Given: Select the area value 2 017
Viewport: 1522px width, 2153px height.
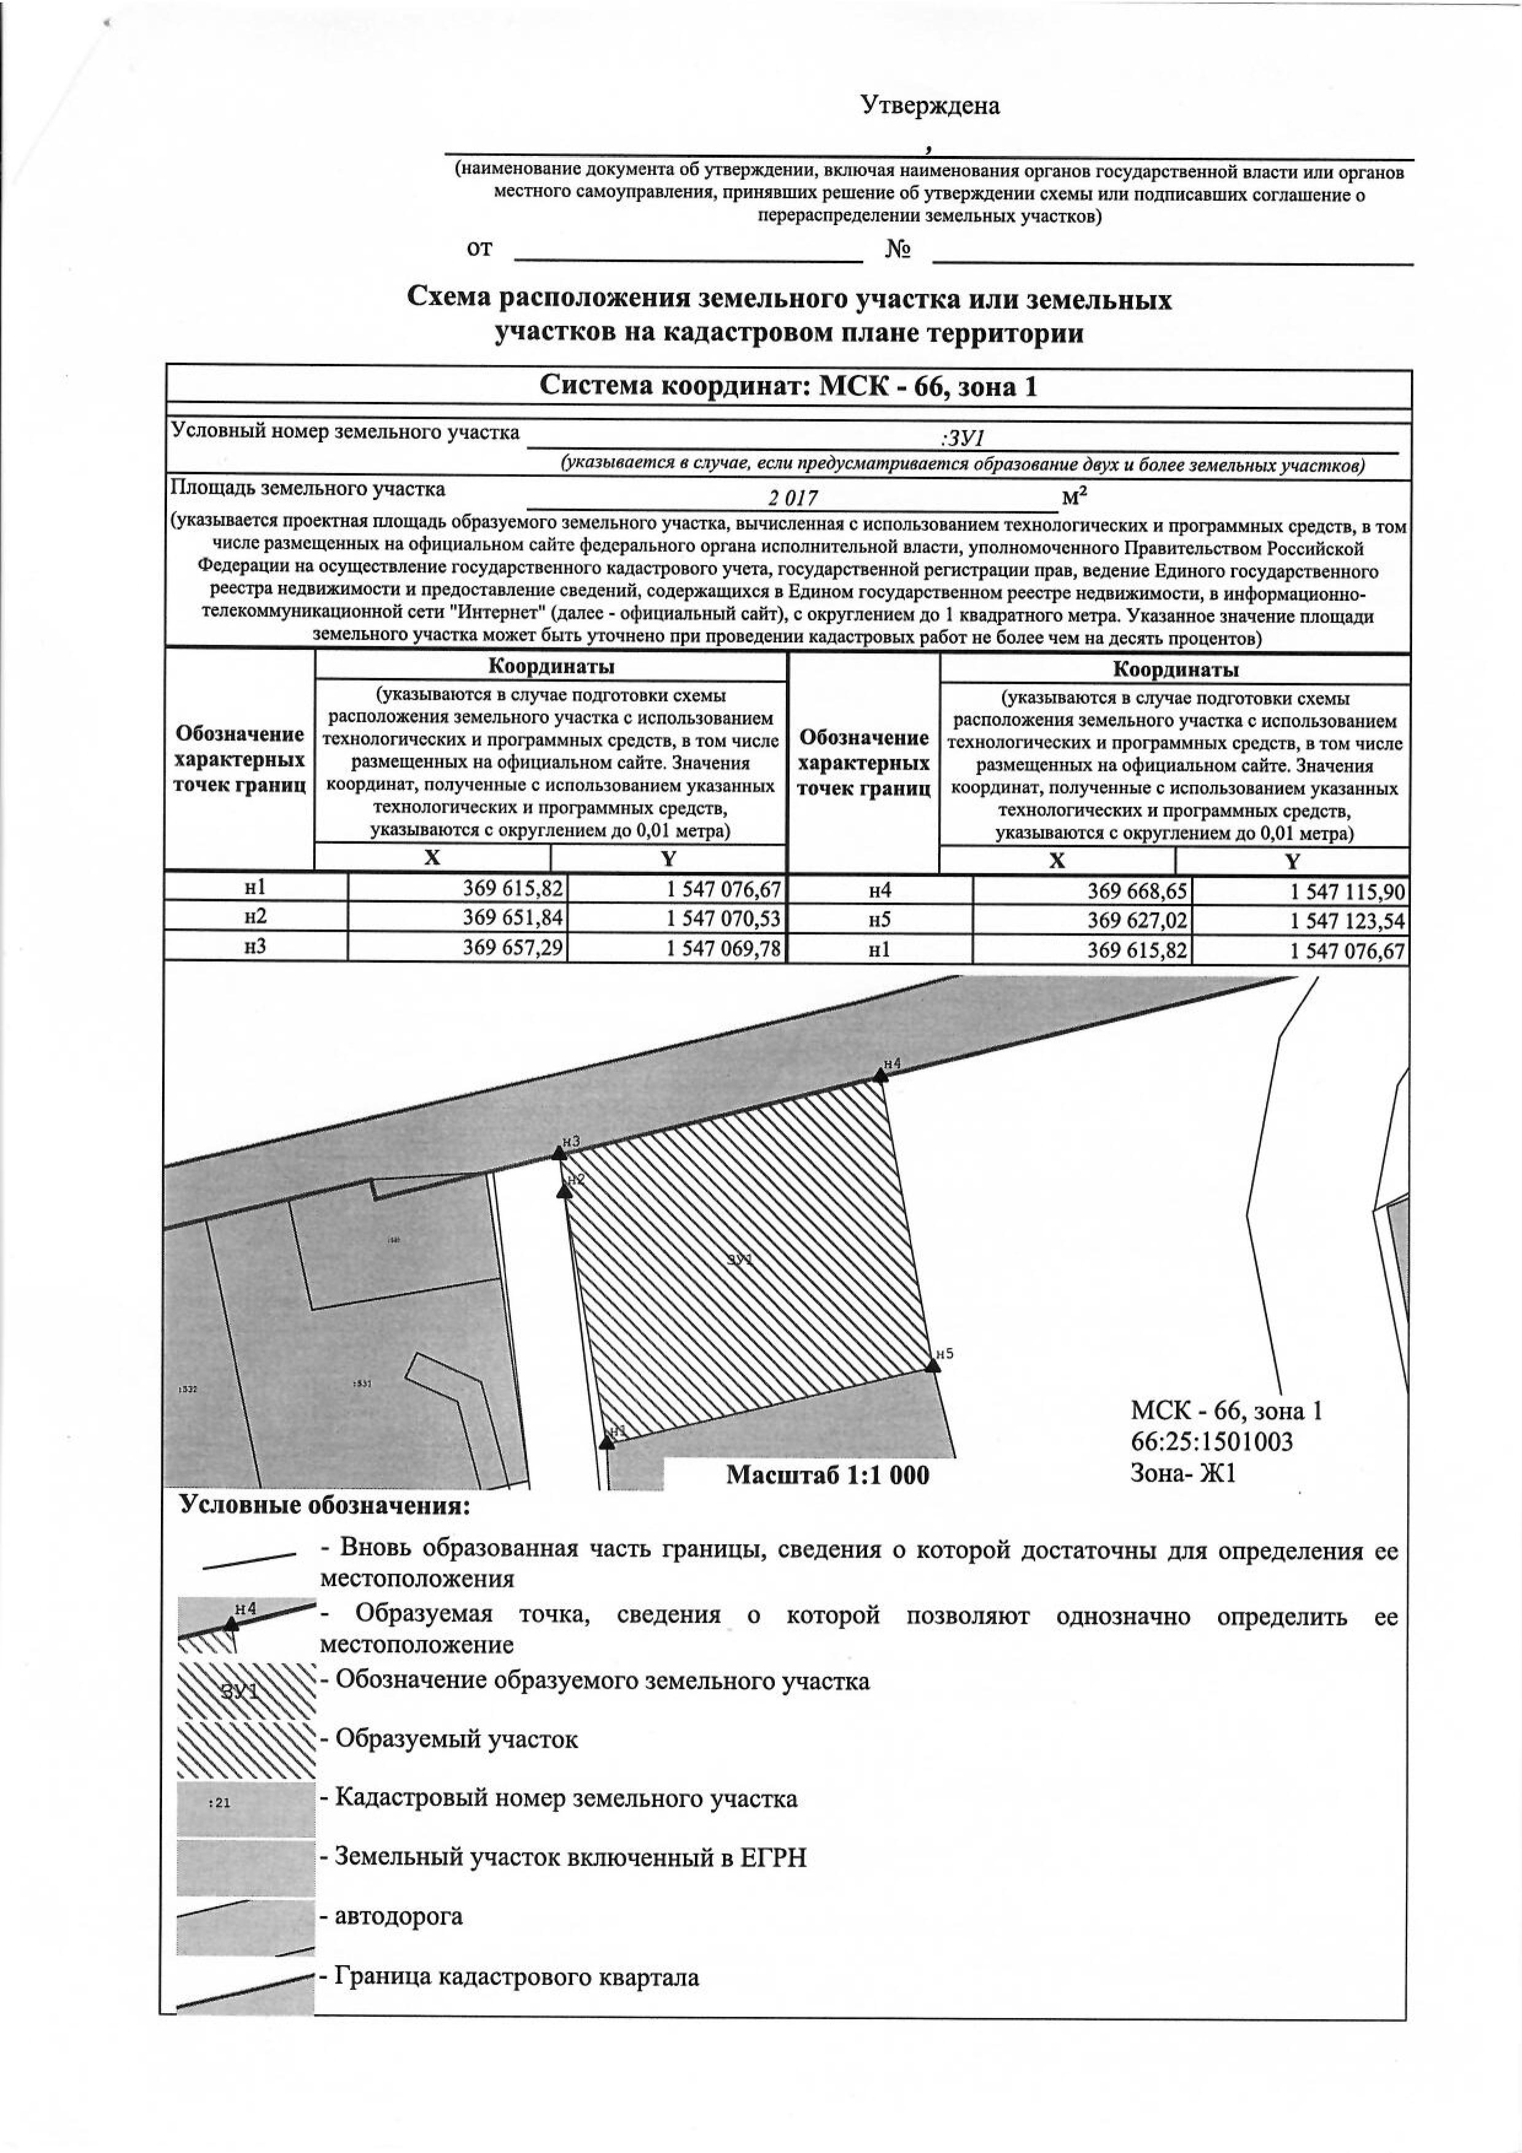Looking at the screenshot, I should (793, 500).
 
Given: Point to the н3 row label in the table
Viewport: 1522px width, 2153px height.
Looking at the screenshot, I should (255, 947).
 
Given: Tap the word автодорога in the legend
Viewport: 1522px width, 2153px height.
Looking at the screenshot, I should (398, 1915).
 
